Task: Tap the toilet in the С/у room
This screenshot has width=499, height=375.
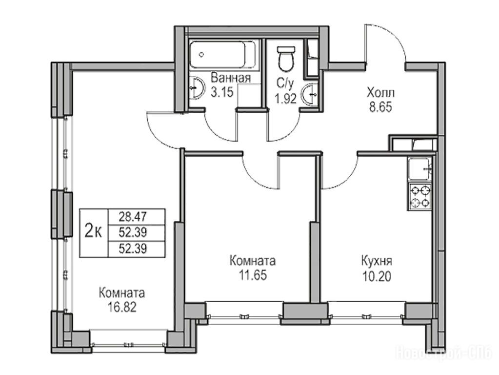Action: [x=286, y=59]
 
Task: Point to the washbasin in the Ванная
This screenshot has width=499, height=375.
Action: [x=197, y=87]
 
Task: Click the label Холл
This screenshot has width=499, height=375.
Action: [x=380, y=93]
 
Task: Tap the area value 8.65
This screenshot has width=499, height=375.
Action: [x=380, y=107]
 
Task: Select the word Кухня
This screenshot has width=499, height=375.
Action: [x=377, y=262]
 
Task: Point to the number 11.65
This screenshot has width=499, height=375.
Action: [x=253, y=275]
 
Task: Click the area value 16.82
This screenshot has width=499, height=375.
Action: [x=122, y=307]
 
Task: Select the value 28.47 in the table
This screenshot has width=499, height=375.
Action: [x=133, y=217]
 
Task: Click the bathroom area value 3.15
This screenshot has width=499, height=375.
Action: [x=222, y=92]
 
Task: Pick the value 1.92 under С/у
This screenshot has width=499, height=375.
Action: [x=286, y=99]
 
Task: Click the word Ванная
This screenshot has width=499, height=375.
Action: [x=231, y=78]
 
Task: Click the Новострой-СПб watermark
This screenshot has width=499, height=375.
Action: [x=443, y=354]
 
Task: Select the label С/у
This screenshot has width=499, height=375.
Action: [x=284, y=84]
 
